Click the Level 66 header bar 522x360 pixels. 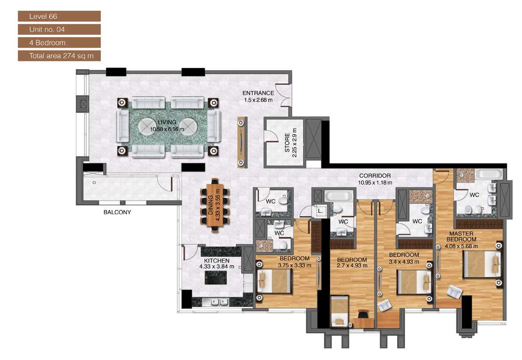59,17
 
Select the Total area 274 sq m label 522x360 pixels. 59,56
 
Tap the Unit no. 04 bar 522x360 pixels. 59,29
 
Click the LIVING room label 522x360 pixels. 166,126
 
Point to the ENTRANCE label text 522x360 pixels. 258,96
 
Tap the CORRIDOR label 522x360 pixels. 375,179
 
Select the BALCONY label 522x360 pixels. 117,213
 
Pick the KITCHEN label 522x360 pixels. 216,264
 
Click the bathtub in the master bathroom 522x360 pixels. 488,174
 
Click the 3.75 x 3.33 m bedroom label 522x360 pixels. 295,261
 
